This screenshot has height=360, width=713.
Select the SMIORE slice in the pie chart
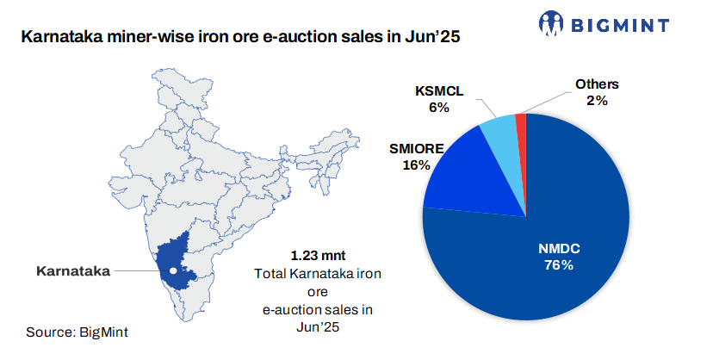461,177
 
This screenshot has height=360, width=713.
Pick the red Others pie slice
520,125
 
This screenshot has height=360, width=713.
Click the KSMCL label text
439,91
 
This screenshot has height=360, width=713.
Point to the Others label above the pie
598,84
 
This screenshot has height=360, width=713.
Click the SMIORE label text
415,149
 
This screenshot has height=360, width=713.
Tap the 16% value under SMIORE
415,164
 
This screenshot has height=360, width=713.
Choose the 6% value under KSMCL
439,108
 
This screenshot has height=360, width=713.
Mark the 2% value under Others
598,100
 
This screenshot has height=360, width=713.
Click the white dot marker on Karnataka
173,270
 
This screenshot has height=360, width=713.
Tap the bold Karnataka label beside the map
72,270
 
